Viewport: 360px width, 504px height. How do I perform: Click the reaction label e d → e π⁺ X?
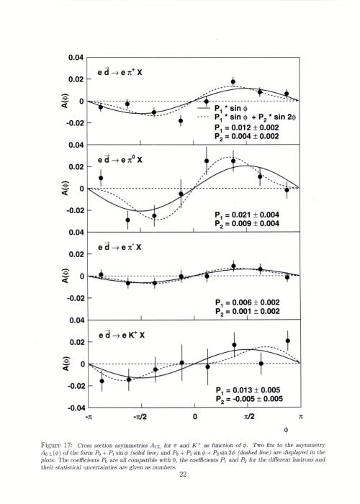point(120,72)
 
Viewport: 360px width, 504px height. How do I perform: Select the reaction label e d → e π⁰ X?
point(120,159)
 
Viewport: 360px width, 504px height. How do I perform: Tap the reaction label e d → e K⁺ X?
point(122,335)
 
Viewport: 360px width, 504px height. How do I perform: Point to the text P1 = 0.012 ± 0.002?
point(247,127)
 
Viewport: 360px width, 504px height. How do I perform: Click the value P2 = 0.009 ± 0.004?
point(247,224)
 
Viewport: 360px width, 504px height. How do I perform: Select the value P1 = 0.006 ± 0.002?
point(248,302)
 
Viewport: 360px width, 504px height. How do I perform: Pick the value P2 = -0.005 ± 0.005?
point(249,399)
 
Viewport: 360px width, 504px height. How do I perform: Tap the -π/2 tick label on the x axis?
point(140,417)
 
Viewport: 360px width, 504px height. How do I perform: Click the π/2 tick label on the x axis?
point(249,417)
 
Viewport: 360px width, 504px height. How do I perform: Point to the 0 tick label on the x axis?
point(195,417)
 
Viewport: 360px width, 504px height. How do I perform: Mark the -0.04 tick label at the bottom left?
point(76,408)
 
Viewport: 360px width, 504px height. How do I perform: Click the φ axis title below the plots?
point(286,430)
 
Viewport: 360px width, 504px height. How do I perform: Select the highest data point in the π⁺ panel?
point(233,81)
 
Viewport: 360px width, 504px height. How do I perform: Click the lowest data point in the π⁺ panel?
point(181,121)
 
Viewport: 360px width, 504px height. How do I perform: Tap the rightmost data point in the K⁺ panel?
point(288,341)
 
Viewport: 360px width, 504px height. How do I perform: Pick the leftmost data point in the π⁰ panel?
point(101,178)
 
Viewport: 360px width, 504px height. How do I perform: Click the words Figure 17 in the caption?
point(55,446)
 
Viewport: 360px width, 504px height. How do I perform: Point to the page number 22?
point(183,474)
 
